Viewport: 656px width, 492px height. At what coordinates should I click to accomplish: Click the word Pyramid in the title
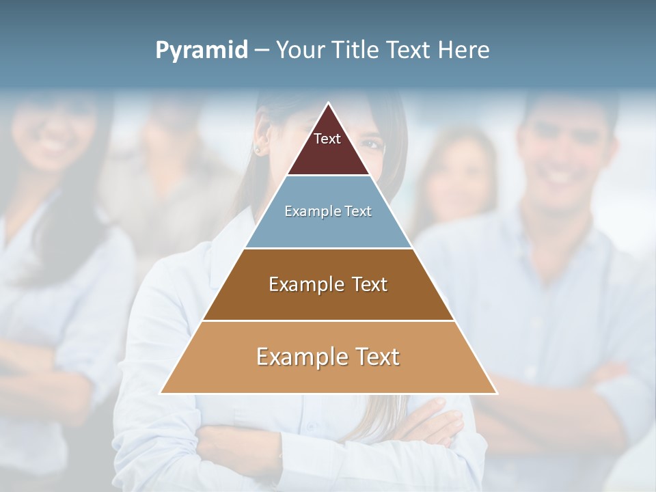201,50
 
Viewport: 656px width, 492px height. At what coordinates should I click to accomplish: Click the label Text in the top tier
327,139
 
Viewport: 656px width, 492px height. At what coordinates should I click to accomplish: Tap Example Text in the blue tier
328,212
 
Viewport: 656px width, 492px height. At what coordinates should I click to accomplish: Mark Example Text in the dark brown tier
328,284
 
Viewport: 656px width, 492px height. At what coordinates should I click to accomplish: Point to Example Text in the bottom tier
328,357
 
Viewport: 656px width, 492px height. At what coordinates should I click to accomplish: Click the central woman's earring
258,148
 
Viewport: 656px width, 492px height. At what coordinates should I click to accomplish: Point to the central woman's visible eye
375,143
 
